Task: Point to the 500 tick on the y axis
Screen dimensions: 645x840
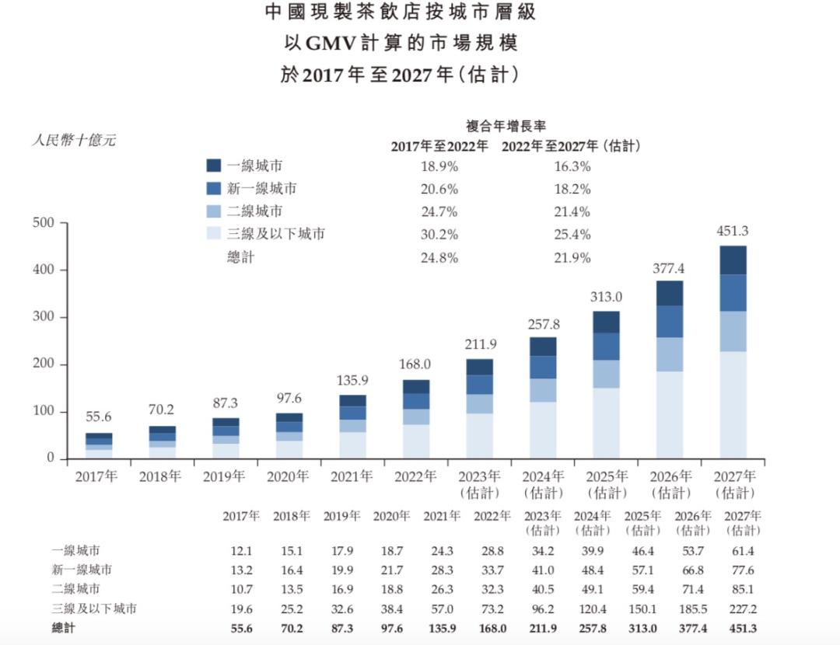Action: point(44,223)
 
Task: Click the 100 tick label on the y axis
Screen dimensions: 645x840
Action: point(44,411)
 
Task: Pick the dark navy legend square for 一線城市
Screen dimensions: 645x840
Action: point(214,166)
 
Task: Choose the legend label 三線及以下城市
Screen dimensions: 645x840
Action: point(276,234)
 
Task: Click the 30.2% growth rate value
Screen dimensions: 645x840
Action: point(439,235)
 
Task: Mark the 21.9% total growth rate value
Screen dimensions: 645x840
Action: point(572,257)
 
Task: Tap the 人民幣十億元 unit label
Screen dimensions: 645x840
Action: point(74,141)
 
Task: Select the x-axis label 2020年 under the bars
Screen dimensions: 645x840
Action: point(288,476)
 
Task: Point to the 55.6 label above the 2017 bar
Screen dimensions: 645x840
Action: point(99,417)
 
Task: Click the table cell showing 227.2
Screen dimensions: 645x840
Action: point(742,608)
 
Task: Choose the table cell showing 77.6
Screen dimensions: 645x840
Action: point(742,570)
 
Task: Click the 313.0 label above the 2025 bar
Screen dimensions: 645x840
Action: point(606,296)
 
